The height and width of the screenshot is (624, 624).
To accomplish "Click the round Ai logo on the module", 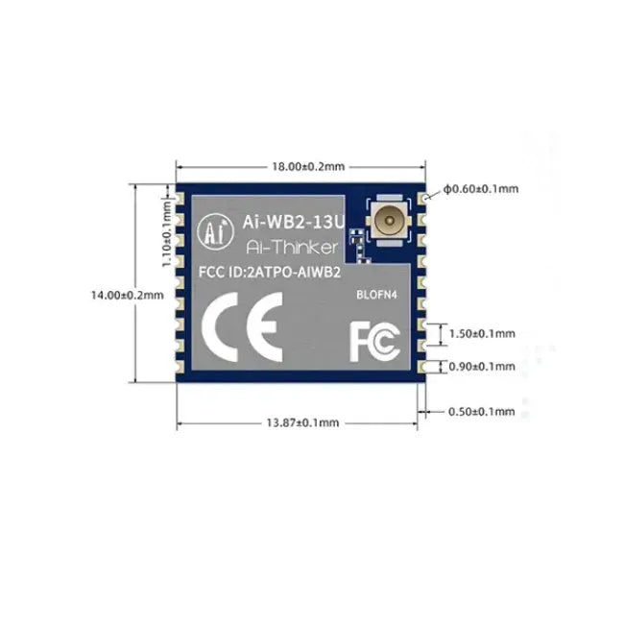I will click(216, 229).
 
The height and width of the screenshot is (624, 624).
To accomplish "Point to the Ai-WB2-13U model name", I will click(285, 219).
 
